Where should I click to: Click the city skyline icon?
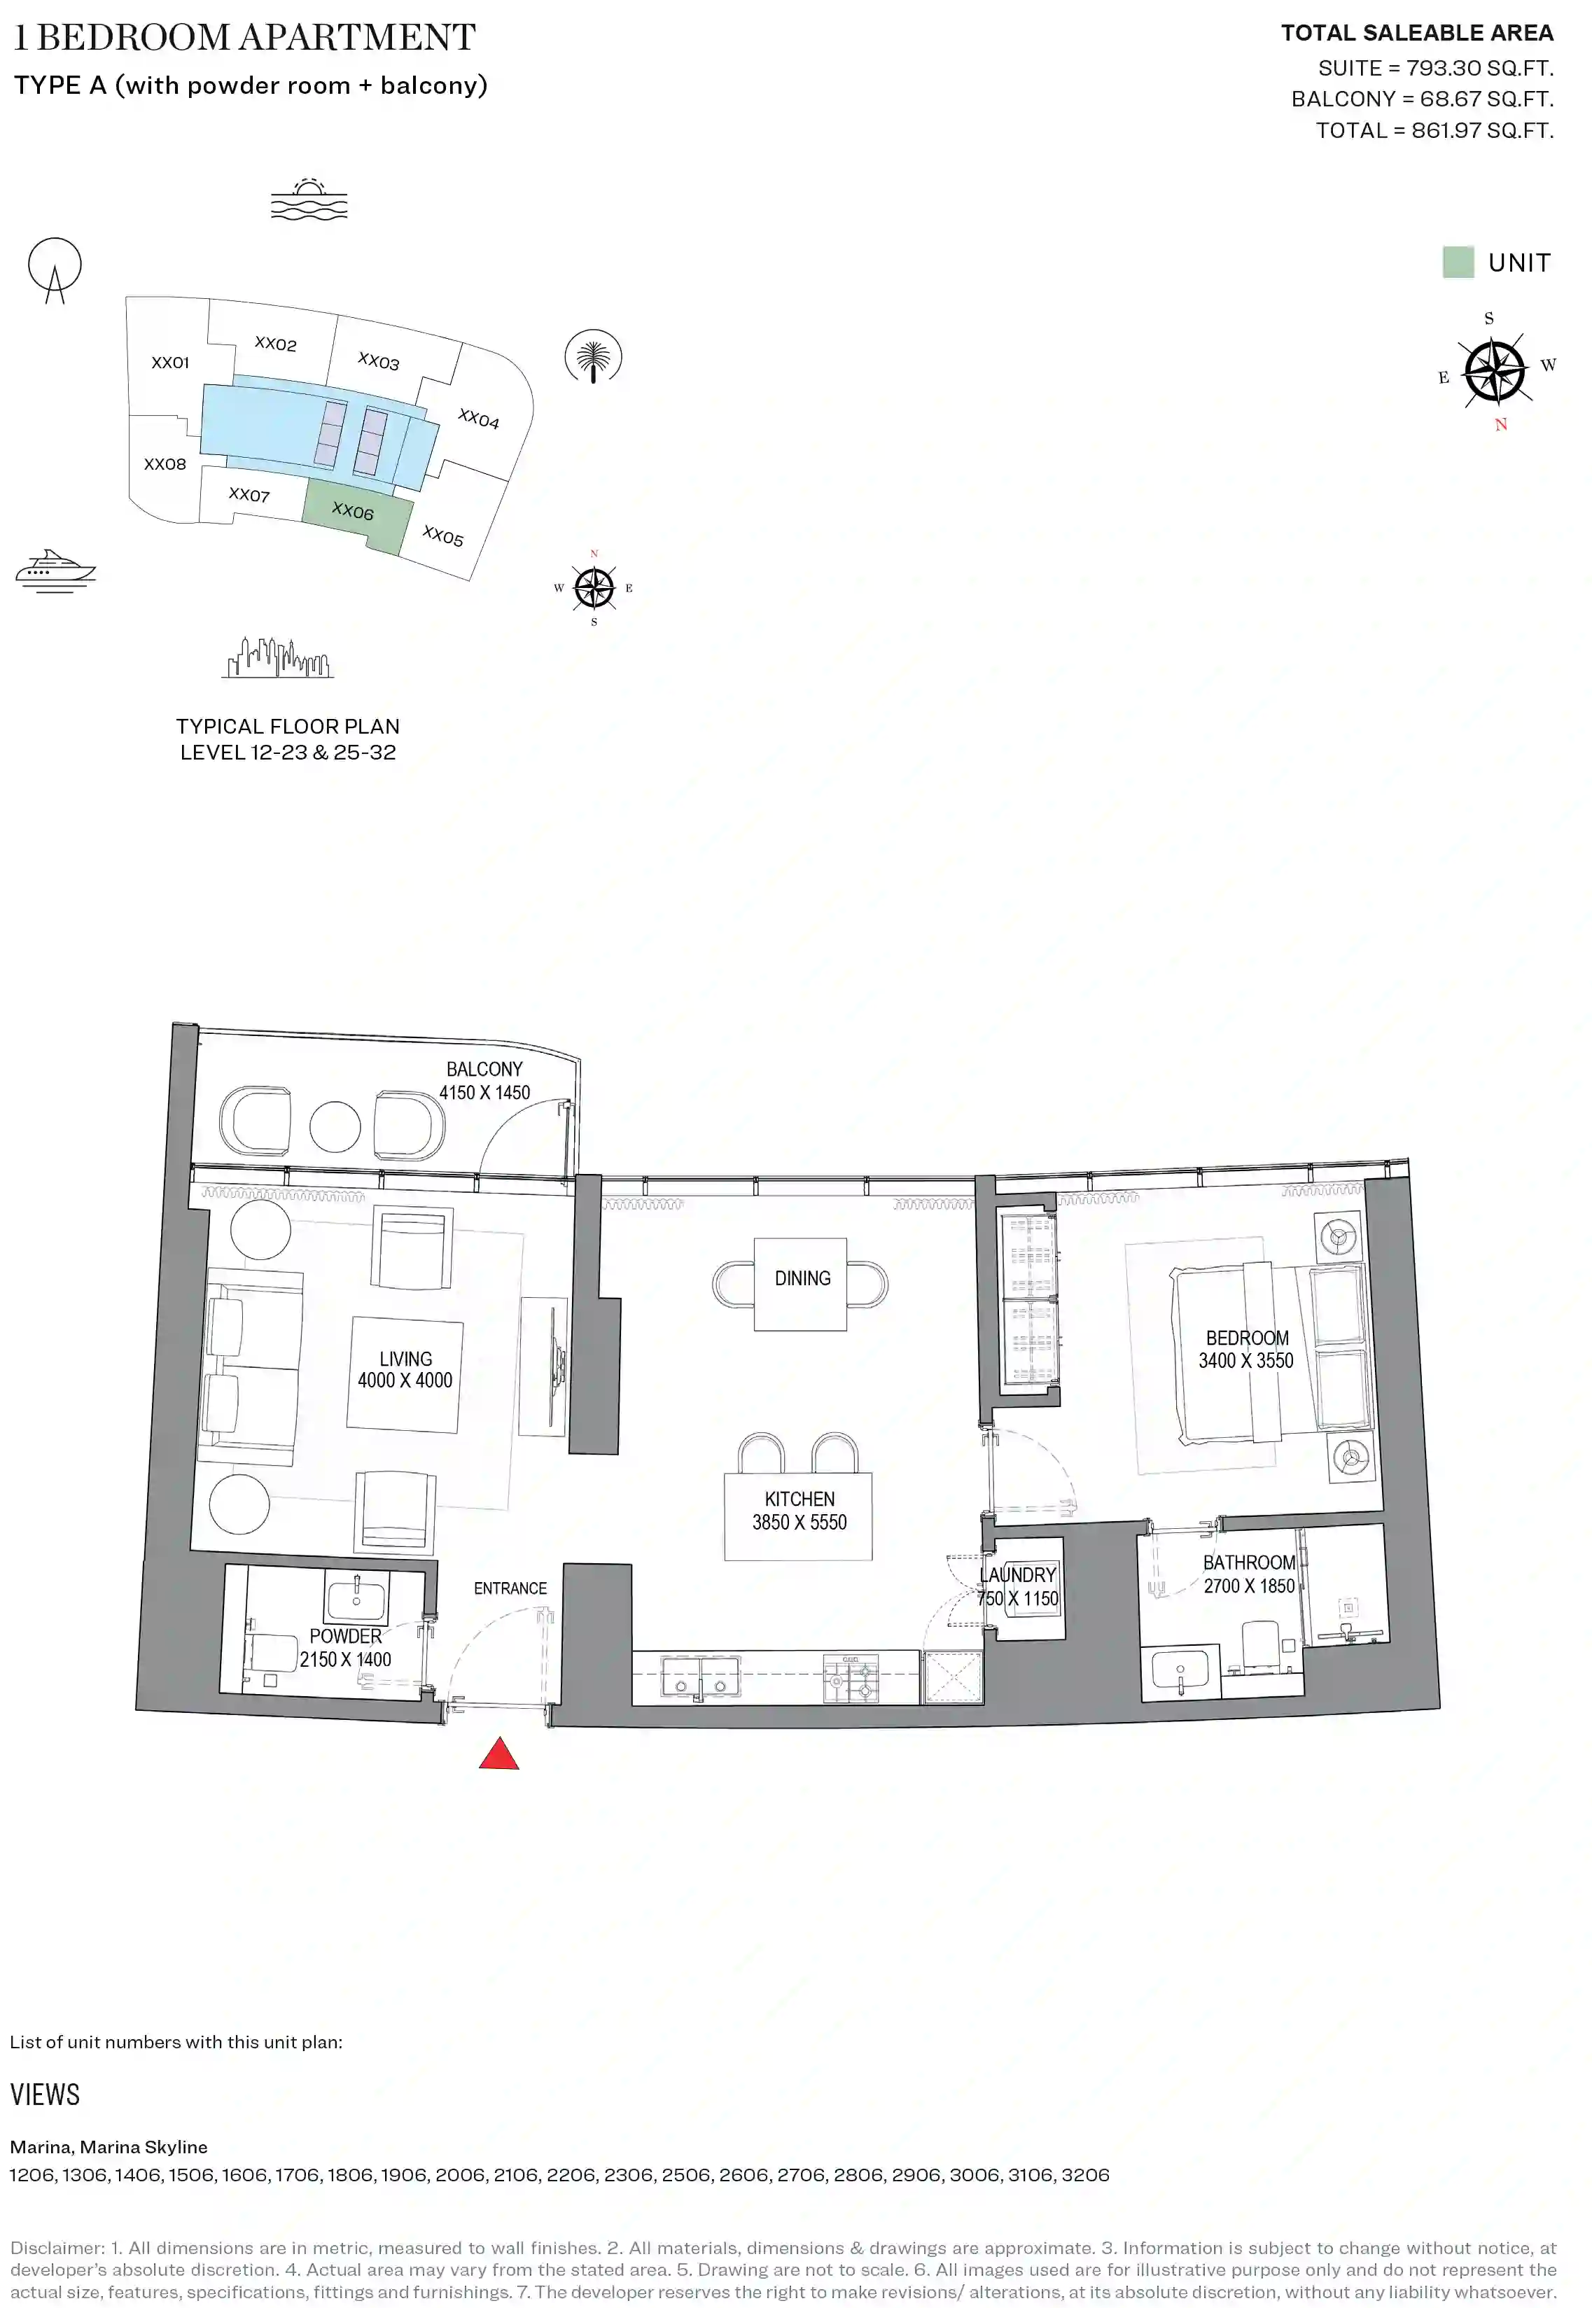tap(277, 658)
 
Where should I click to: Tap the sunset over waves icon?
tap(309, 199)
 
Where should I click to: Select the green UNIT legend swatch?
tap(1458, 263)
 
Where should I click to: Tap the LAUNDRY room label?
tap(1017, 1575)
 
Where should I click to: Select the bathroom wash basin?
tap(1180, 1670)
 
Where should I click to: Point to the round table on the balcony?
tap(335, 1127)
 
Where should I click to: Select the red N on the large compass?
tap(1501, 425)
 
